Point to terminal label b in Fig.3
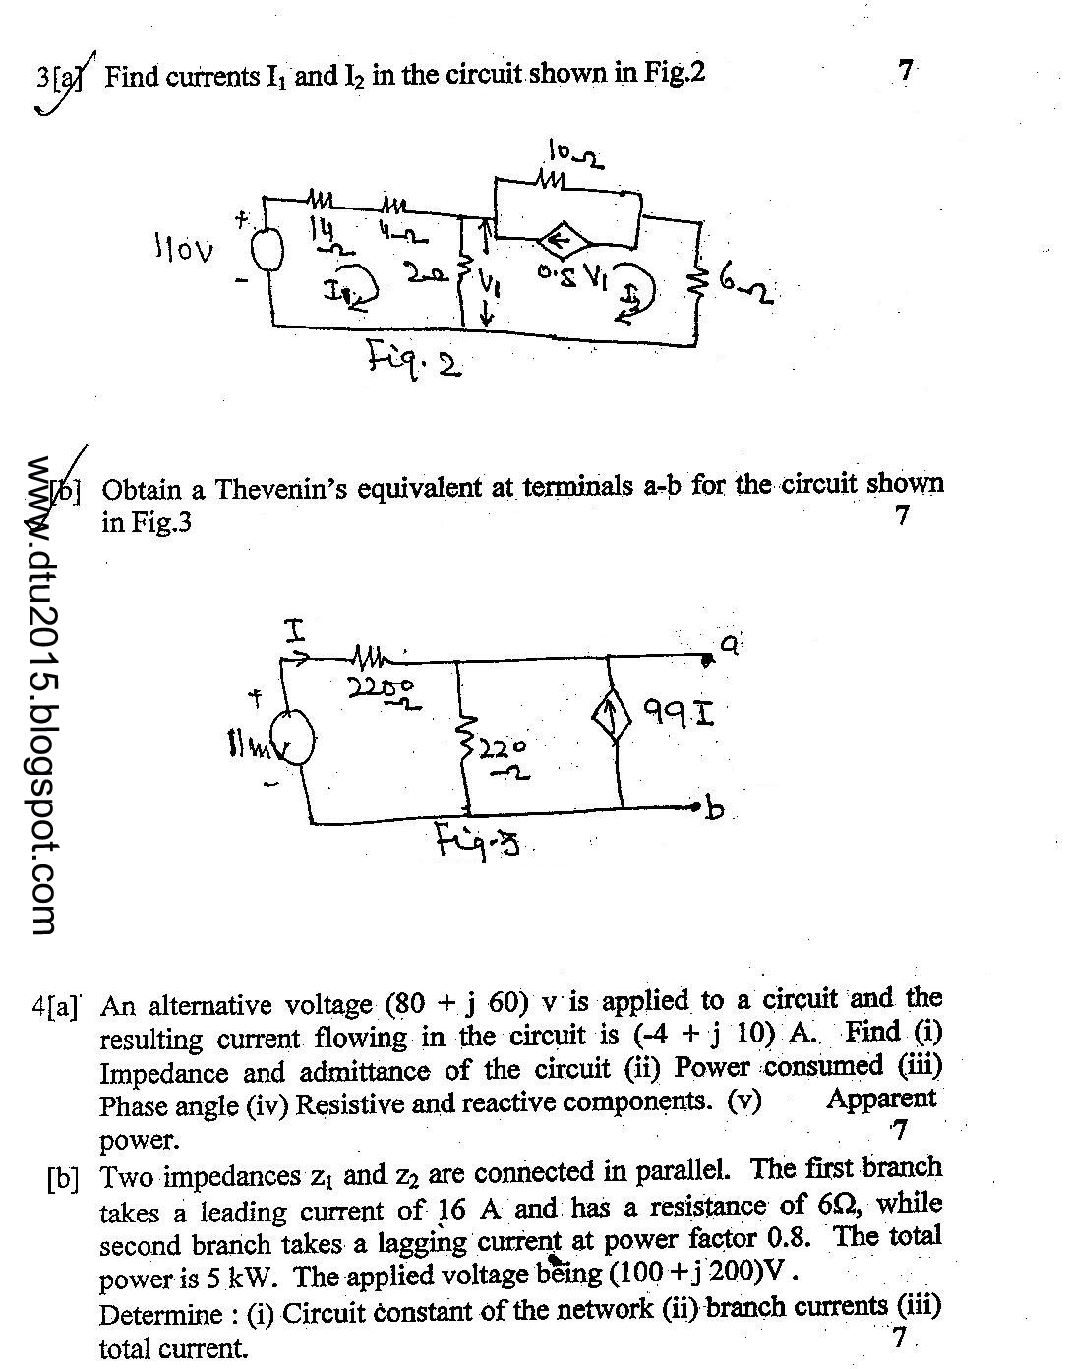coord(715,809)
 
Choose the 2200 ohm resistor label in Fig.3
coord(383,690)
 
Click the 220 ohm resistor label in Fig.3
coord(504,759)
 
